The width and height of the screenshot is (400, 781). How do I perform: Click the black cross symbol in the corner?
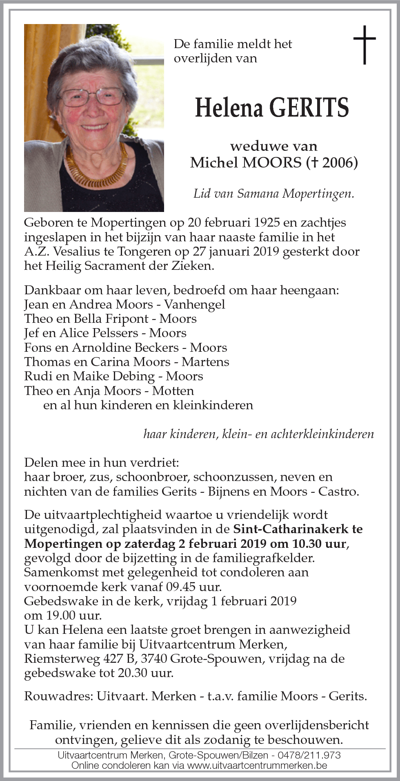364,45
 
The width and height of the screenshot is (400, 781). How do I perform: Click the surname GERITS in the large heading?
310,108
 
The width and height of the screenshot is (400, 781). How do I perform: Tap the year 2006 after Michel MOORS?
337,163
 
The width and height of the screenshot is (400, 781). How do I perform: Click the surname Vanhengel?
195,304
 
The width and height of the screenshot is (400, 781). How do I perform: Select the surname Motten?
173,391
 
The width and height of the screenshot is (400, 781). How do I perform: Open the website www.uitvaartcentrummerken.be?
257,765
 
